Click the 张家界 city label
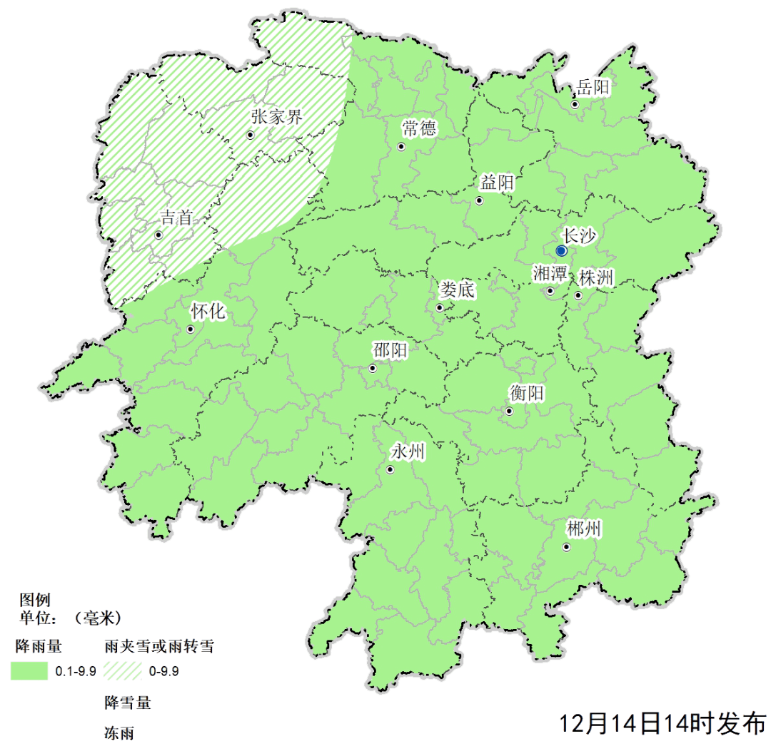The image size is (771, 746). [x=277, y=118]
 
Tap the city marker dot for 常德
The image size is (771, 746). [x=401, y=147]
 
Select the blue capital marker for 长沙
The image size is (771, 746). [x=562, y=251]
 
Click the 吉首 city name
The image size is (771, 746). [x=176, y=218]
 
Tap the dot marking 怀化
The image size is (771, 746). [x=191, y=329]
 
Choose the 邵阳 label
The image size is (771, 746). [x=390, y=350]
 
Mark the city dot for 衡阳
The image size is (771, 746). [x=509, y=412]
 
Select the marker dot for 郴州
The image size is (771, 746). [x=567, y=548]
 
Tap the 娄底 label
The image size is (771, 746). [x=457, y=290]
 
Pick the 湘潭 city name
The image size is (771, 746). [x=550, y=274]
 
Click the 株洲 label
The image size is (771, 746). [x=596, y=278]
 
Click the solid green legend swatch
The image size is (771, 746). [x=29, y=670]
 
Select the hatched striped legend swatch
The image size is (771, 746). [x=122, y=670]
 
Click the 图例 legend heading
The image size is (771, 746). [x=35, y=600]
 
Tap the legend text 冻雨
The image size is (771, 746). [x=119, y=732]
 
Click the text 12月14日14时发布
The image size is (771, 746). [x=662, y=725]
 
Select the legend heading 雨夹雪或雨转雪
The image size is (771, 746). [x=158, y=647]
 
